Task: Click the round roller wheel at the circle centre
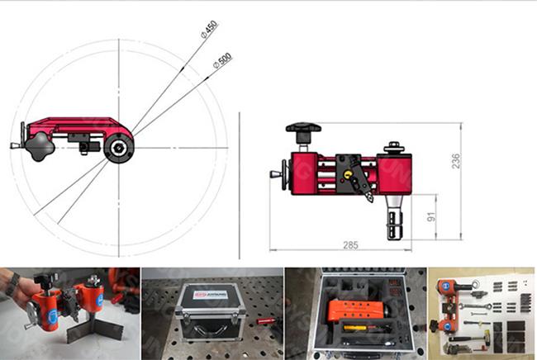[119, 149]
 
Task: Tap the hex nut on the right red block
[396, 149]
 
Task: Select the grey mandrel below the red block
[392, 221]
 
